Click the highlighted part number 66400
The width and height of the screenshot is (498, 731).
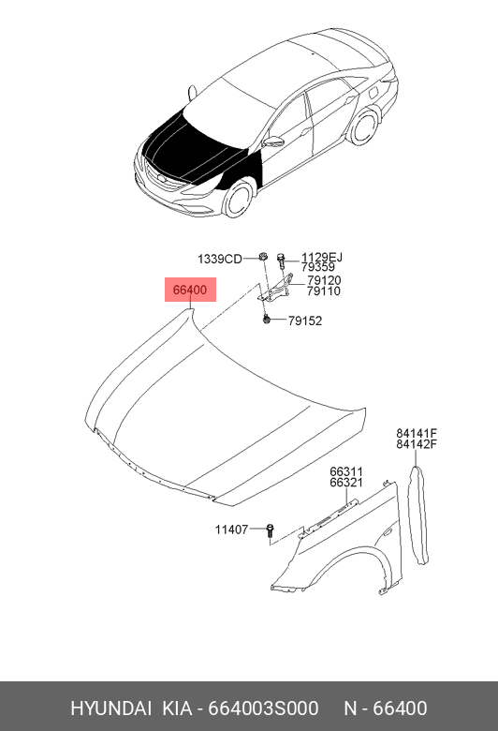[190, 290]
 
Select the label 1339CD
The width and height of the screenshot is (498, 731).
[219, 260]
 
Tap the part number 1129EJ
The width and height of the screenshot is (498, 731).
[322, 258]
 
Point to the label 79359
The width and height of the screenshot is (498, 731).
[318, 267]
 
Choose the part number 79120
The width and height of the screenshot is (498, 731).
[324, 280]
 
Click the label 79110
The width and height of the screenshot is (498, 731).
[324, 291]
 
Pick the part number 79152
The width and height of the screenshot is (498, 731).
[305, 321]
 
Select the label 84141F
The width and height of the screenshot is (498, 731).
[417, 434]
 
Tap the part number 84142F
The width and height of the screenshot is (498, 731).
[417, 444]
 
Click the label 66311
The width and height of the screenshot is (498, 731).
[346, 471]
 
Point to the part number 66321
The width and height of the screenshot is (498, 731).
[346, 483]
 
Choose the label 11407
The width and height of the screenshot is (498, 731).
[231, 530]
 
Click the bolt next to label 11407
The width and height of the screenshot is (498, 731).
[271, 532]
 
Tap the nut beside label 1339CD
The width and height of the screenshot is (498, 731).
[263, 257]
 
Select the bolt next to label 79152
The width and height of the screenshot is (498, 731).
[267, 320]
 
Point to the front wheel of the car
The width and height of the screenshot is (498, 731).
[238, 199]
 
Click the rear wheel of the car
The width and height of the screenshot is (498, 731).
[364, 127]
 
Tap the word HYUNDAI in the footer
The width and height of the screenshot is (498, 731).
[110, 709]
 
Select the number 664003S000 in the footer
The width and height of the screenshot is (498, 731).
[263, 709]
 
